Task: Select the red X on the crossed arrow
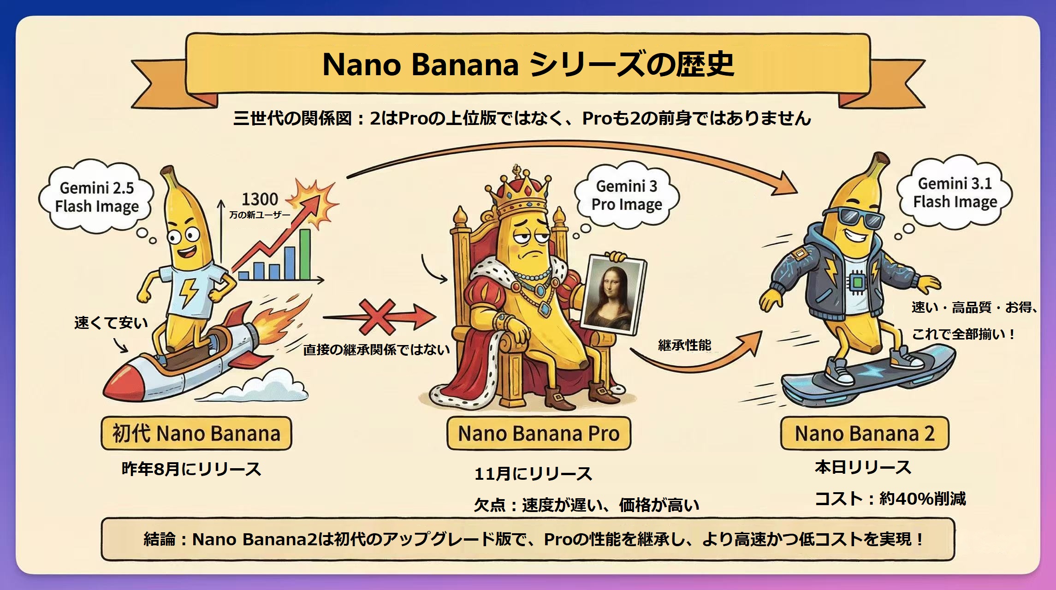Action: pos(377,317)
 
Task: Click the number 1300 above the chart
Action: pos(260,199)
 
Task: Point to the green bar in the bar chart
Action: pos(305,254)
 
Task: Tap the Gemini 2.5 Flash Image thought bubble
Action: pos(97,197)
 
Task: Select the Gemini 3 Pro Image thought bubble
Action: pos(627,195)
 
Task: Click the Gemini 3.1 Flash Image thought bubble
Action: pos(955,193)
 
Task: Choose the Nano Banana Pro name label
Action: pos(539,434)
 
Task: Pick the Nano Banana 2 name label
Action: pos(865,434)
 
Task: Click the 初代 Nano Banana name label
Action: pos(196,434)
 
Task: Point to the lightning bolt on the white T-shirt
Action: pos(187,293)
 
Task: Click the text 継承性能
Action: pos(684,345)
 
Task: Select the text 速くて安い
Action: pos(111,323)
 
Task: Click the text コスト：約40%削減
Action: pos(890,499)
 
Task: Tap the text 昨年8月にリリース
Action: pos(191,469)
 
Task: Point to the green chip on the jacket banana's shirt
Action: pos(857,281)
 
